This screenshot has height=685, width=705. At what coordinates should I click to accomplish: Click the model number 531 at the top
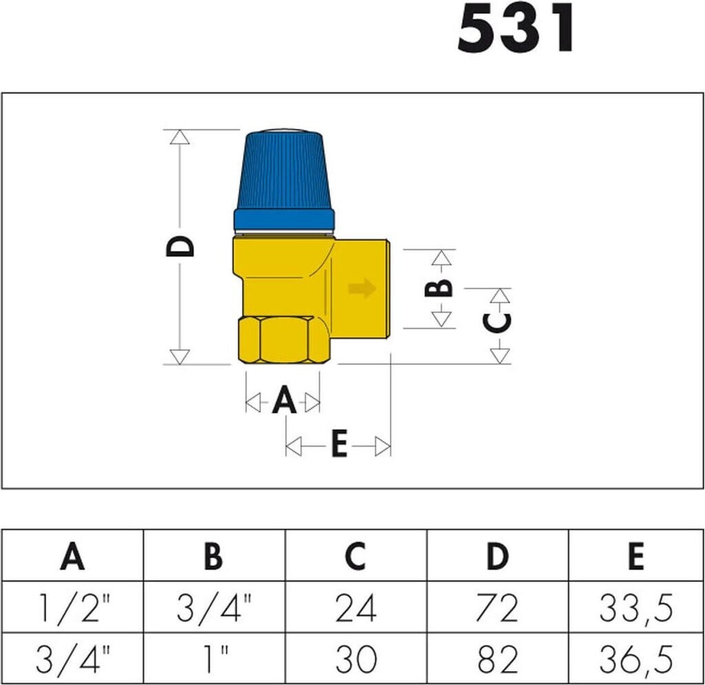(x=515, y=29)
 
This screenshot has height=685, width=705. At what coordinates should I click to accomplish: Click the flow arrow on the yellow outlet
(x=362, y=288)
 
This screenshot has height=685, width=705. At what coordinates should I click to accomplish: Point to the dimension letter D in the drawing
(x=180, y=246)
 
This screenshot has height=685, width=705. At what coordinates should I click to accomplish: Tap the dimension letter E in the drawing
(x=339, y=444)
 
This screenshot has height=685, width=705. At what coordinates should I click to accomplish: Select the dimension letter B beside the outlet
(x=439, y=288)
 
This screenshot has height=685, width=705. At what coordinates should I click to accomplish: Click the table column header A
(x=72, y=556)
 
